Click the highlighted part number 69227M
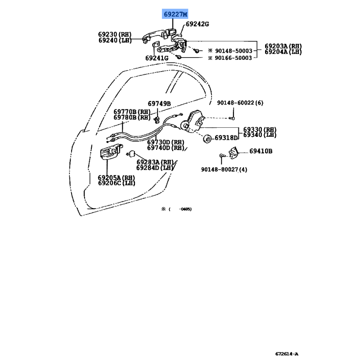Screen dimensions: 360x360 tap(175, 14)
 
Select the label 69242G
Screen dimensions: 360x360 tap(197, 24)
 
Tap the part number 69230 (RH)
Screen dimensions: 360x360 tap(115, 34)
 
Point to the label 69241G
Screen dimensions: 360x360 tap(157, 58)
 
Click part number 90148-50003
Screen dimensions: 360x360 tap(234, 51)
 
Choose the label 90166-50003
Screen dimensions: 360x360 tap(233, 58)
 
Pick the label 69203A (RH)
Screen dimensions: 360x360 tap(283, 46)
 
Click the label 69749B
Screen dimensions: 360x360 tap(159, 103)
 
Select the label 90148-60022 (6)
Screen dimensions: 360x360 tap(240, 103)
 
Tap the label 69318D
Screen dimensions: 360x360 tap(226, 138)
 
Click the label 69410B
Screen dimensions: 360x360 tap(261, 151)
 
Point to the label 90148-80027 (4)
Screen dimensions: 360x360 tap(224, 170)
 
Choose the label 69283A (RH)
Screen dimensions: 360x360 tap(154, 162)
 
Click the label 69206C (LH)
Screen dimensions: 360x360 tap(117, 183)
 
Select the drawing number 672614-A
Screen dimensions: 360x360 tap(287, 354)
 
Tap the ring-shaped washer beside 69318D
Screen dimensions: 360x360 tap(207, 139)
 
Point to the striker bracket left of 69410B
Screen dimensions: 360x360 tap(234, 153)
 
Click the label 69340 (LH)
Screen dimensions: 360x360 tap(260, 135)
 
